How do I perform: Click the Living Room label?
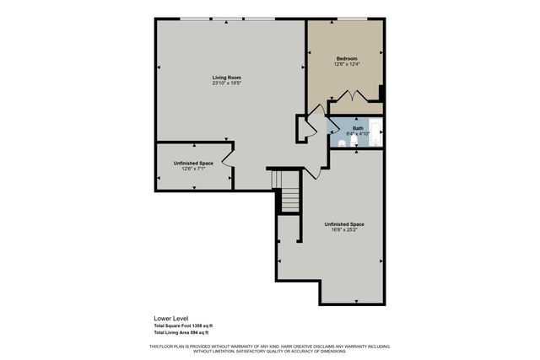(x=226, y=78)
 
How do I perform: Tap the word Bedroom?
(x=347, y=58)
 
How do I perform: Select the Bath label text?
(x=358, y=128)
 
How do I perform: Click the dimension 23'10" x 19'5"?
(x=226, y=83)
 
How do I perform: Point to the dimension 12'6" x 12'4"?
(x=347, y=64)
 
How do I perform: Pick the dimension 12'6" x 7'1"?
(x=193, y=169)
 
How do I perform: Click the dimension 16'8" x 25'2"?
(x=343, y=229)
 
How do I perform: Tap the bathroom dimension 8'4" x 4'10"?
(x=359, y=134)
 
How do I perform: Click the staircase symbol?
(x=289, y=199)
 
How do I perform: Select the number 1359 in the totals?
(x=195, y=326)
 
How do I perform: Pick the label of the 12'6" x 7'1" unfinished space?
(x=193, y=163)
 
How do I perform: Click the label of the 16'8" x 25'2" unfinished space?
(x=344, y=223)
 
